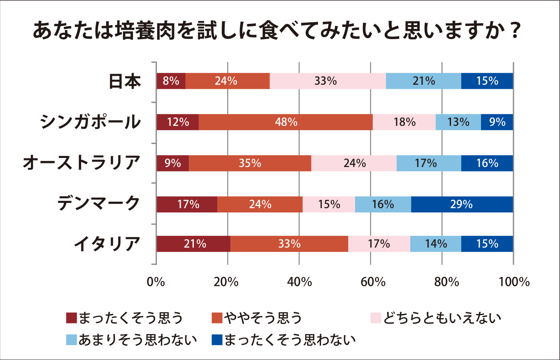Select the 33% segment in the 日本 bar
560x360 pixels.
click(x=328, y=81)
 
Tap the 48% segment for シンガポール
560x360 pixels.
click(x=286, y=122)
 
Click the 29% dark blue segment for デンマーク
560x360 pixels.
click(x=462, y=204)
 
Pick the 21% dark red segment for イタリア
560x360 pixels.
click(x=193, y=244)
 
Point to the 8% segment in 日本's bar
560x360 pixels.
click(x=171, y=81)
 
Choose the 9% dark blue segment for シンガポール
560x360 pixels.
click(x=497, y=122)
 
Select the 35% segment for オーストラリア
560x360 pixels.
click(x=250, y=163)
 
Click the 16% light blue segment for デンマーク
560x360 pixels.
click(x=383, y=204)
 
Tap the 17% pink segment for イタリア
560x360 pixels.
click(x=379, y=244)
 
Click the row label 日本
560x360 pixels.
click(x=125, y=81)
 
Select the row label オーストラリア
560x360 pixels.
click(x=80, y=163)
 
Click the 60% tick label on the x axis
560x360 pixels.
click(x=370, y=282)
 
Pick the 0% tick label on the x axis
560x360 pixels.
click(x=156, y=282)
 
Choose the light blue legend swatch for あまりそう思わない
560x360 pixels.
click(x=71, y=340)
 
